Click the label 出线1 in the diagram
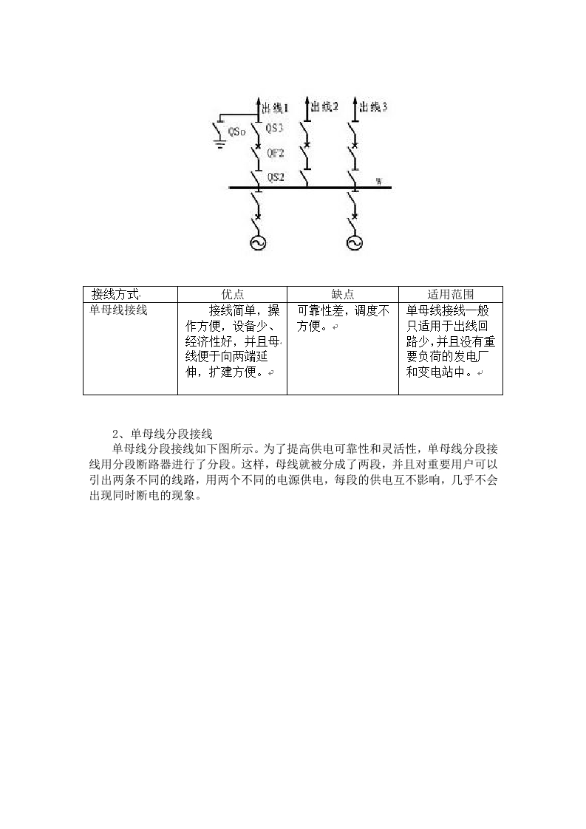coord(275,109)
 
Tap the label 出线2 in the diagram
coord(324,107)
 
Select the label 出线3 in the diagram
coord(373,107)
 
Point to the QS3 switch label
coord(274,128)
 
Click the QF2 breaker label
coord(275,154)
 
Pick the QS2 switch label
coord(276,177)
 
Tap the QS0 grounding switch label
coord(236,132)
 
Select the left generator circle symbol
coord(258,242)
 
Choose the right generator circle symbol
coord(355,242)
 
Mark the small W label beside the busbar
coord(378,182)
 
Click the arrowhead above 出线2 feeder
coord(307,100)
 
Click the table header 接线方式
coord(115,294)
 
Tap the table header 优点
coord(232,294)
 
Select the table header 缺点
coord(343,294)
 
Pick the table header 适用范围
coord(451,294)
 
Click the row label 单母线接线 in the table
coord(118,310)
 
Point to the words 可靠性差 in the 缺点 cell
coord(321,310)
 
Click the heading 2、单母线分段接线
coord(163,434)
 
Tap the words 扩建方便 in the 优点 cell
coord(232,372)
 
